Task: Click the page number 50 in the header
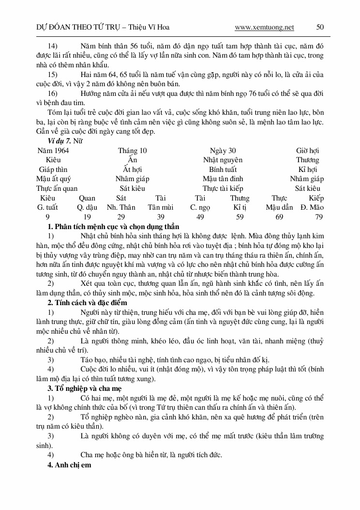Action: pyautogui.click(x=320, y=28)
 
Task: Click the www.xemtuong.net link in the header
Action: pyautogui.click(x=264, y=28)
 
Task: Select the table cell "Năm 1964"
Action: pyautogui.click(x=53, y=151)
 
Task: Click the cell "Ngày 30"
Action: pyautogui.click(x=223, y=151)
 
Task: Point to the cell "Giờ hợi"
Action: pyautogui.click(x=308, y=151)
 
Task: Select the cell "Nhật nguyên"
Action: pyautogui.click(x=223, y=160)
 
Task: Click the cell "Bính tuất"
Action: pyautogui.click(x=223, y=170)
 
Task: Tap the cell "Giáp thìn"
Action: pyautogui.click(x=53, y=170)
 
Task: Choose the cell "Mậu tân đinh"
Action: pyautogui.click(x=223, y=179)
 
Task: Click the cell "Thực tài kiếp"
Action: pyautogui.click(x=223, y=188)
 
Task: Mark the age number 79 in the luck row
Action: pyautogui.click(x=318, y=216)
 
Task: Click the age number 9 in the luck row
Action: pyautogui.click(x=47, y=216)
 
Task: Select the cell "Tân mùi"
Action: pyautogui.click(x=161, y=207)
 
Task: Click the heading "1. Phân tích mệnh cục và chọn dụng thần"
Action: pyautogui.click(x=113, y=227)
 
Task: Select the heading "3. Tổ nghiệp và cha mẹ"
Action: pyautogui.click(x=85, y=388)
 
